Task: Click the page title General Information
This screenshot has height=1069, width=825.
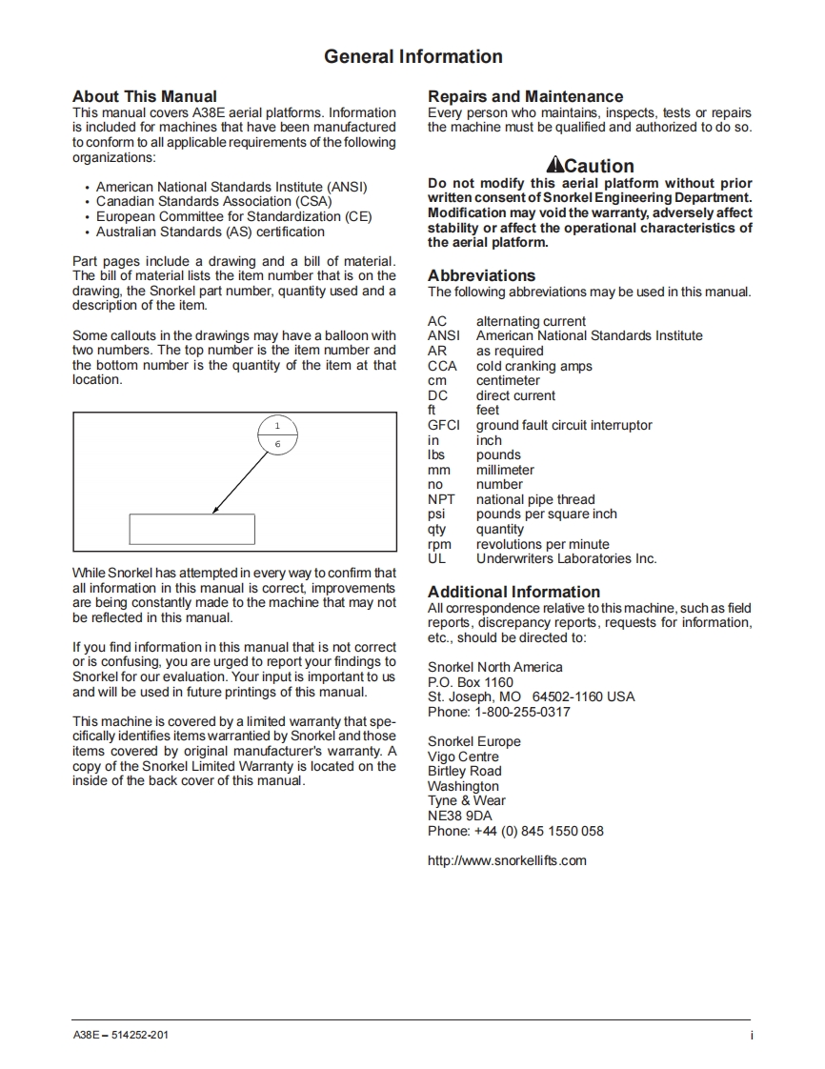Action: click(412, 57)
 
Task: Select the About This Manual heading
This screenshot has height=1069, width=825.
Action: click(145, 96)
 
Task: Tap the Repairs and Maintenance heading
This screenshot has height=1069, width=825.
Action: click(525, 96)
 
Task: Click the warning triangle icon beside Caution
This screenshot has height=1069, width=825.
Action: click(554, 165)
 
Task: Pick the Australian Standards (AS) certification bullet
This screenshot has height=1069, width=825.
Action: click(210, 232)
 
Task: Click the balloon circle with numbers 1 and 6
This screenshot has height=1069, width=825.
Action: click(278, 434)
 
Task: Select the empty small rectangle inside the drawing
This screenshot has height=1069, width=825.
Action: click(191, 529)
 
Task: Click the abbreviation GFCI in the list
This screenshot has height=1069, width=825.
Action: click(443, 426)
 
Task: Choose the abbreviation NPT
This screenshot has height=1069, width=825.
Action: click(441, 499)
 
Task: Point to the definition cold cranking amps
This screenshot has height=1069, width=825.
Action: click(533, 366)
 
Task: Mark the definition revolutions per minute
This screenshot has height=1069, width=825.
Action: click(542, 544)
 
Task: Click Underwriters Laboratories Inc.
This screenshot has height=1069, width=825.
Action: click(566, 559)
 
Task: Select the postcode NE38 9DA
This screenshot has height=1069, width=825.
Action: click(460, 816)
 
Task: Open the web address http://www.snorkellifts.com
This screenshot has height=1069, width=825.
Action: click(507, 860)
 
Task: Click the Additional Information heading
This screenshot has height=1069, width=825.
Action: click(513, 592)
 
